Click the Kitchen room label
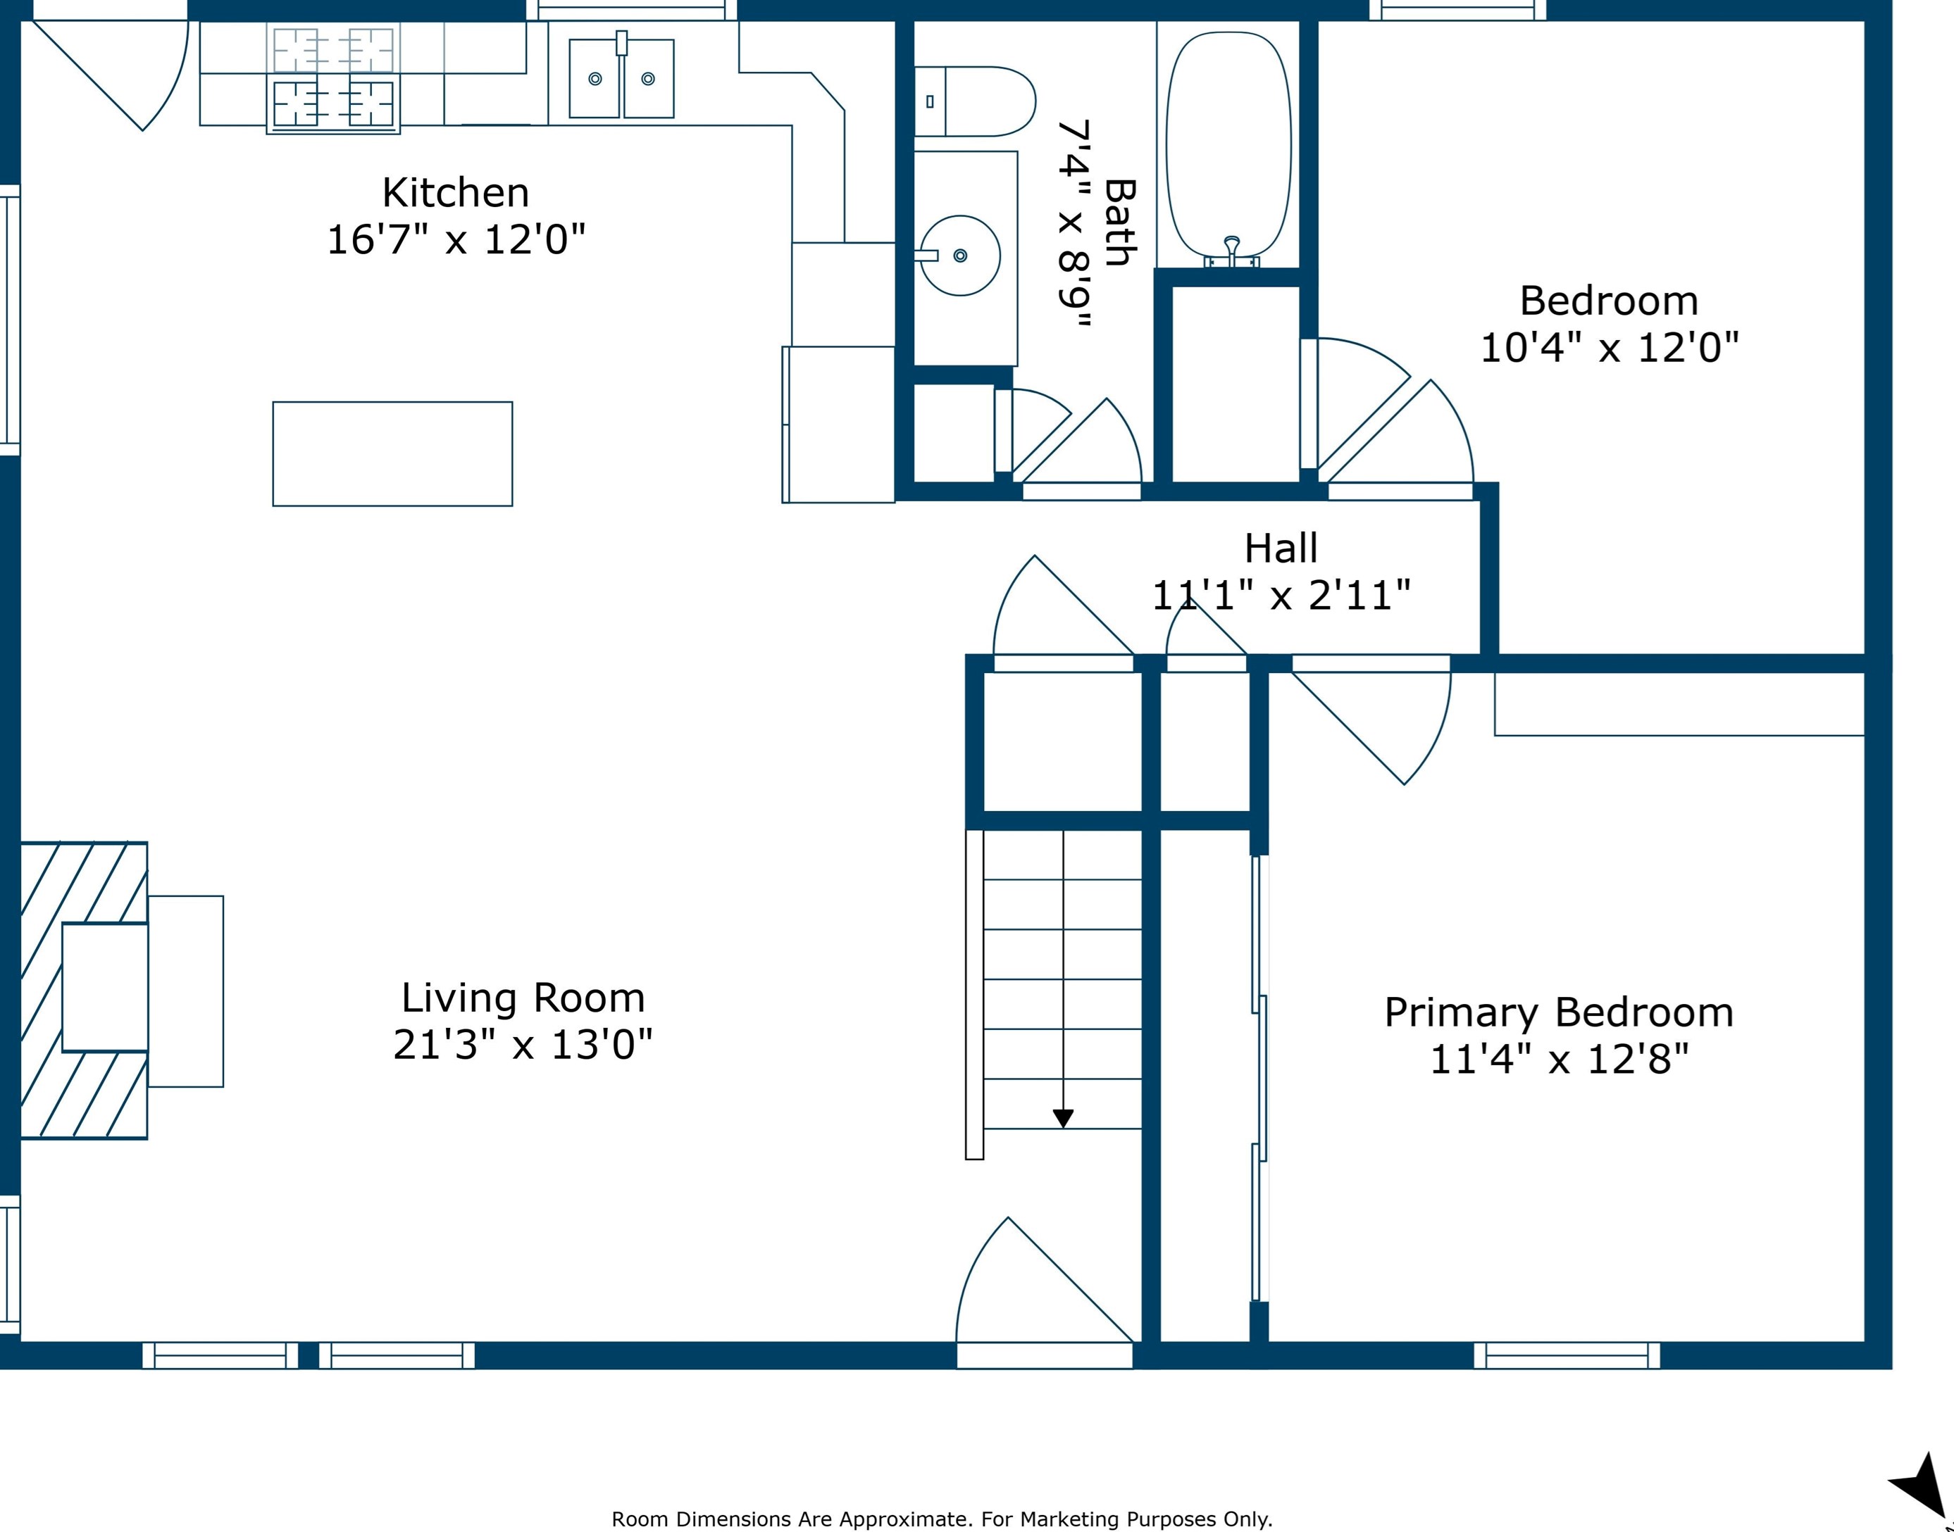pos(456,193)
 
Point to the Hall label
pos(1281,548)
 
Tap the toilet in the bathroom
pos(974,101)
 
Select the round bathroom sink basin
pos(960,256)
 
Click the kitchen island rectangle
pos(393,454)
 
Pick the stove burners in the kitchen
pos(333,78)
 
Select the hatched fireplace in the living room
pos(83,991)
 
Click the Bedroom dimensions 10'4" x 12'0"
pos(1610,348)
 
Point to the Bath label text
pos(1120,222)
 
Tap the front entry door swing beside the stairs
pos(1045,1280)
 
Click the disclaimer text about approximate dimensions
pos(942,1519)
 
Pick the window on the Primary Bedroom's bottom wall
pos(1567,1355)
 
